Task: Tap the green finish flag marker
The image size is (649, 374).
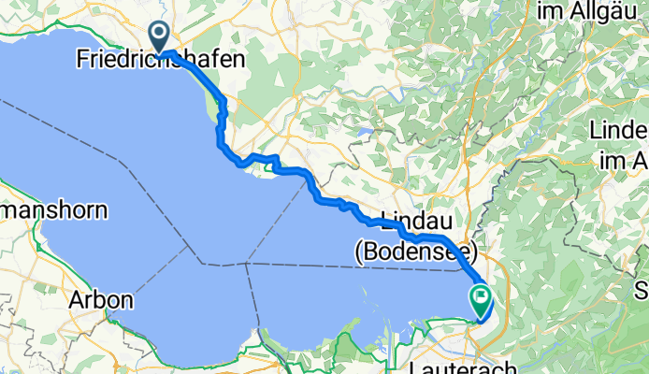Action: point(483,301)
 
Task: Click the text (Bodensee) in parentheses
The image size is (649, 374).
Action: point(416,251)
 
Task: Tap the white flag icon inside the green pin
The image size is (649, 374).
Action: point(483,299)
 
